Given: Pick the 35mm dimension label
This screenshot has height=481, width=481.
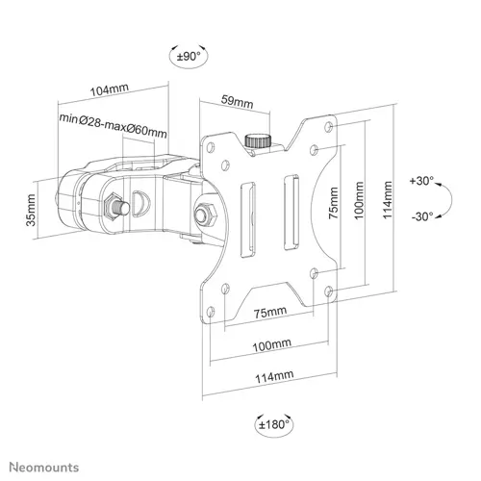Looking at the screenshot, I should point(31,205).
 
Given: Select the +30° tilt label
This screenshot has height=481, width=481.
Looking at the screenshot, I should point(420,181).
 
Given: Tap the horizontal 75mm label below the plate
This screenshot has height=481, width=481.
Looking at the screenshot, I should point(268,313).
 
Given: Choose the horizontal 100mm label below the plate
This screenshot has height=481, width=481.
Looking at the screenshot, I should point(268,343).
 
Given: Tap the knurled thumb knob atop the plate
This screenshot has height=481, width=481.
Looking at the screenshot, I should point(256,140).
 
